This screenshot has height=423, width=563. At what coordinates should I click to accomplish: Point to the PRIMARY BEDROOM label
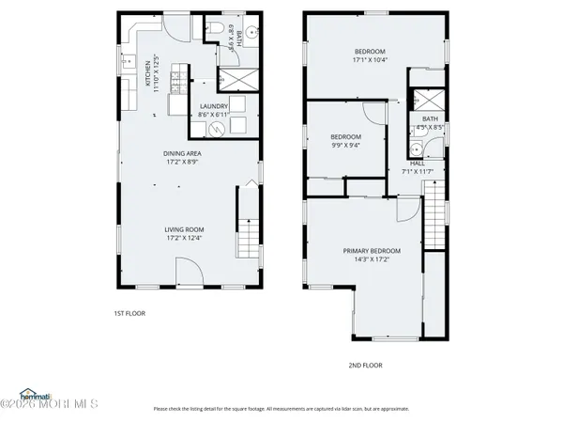click(372, 251)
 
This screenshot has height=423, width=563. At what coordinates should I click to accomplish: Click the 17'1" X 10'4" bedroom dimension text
click(372, 59)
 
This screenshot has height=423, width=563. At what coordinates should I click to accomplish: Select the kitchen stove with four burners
click(127, 92)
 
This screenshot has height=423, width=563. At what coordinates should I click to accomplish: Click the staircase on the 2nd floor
click(435, 214)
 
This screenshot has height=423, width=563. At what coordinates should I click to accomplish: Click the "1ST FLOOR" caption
click(129, 313)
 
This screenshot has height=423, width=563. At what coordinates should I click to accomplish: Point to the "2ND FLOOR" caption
click(366, 365)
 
